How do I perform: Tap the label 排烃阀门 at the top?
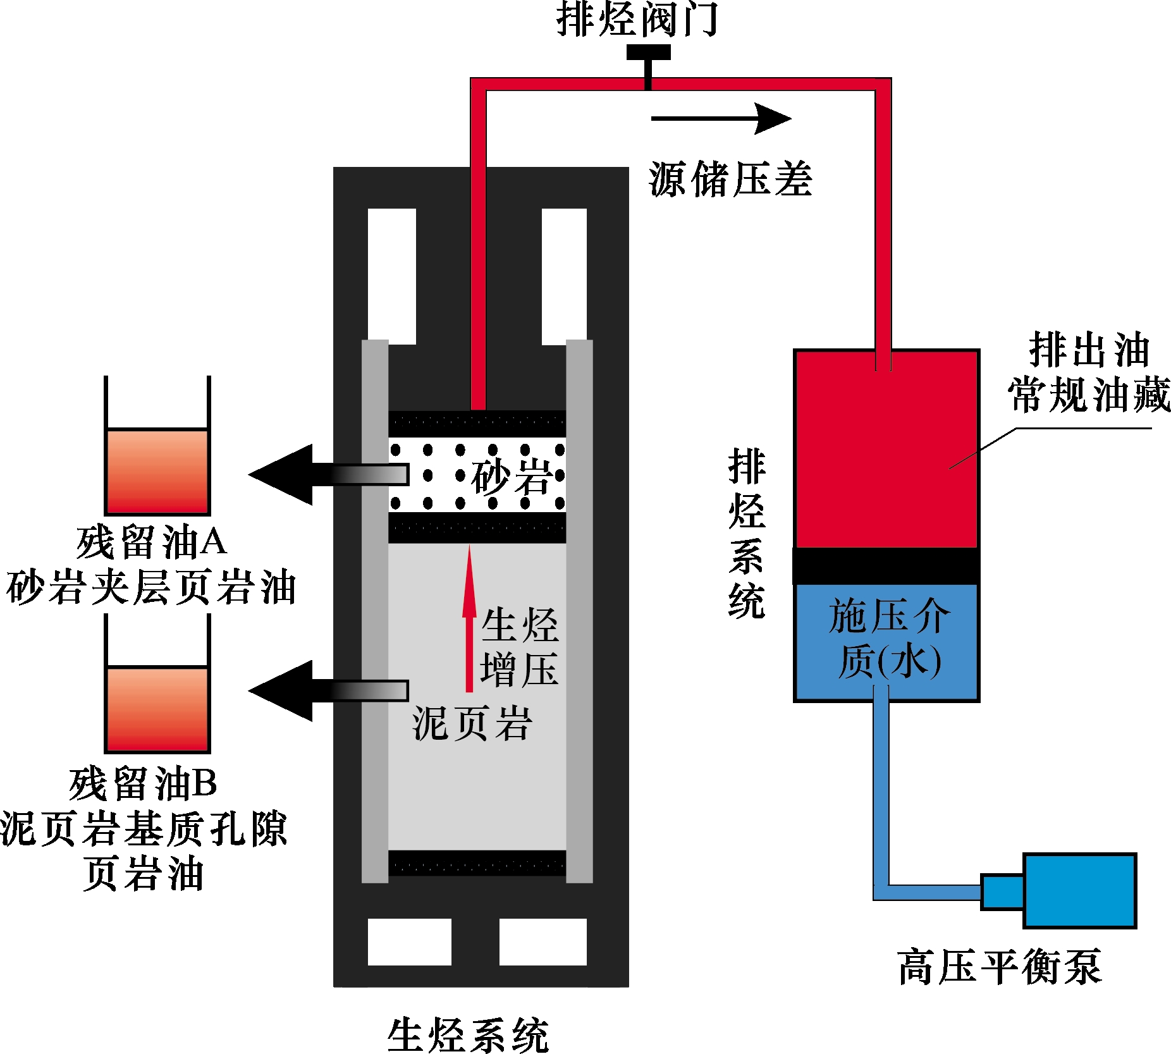point(637,19)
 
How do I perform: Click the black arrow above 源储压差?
point(721,118)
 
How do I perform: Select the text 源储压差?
point(730,180)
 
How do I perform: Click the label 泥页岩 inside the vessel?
point(472,723)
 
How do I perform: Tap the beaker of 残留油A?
point(157,471)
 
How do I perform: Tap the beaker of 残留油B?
point(157,708)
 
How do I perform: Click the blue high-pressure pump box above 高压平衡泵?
point(1079,890)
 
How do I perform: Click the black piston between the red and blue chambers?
point(886,566)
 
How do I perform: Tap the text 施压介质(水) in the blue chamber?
point(888,639)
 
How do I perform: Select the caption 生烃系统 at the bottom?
point(468,1035)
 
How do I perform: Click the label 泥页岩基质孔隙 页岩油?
point(144,850)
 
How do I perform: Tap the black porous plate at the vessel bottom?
point(477,862)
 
